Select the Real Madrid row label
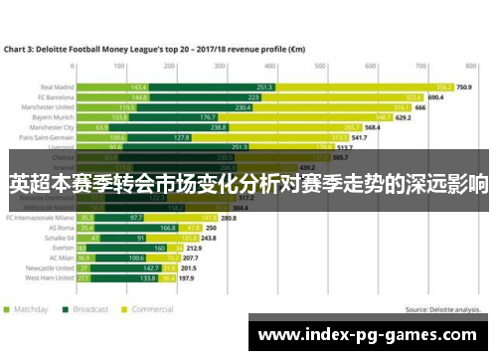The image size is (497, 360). [56, 87]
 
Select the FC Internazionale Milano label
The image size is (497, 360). [40, 217]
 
